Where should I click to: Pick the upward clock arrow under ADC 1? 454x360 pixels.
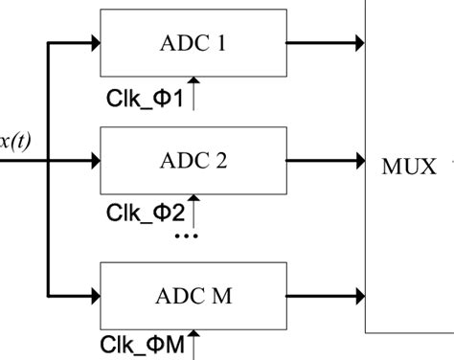[x=194, y=93]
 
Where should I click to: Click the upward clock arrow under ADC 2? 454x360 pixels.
[x=194, y=207]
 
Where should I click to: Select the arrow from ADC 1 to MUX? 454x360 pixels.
[x=325, y=43]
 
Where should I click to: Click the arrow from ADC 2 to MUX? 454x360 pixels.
[x=325, y=160]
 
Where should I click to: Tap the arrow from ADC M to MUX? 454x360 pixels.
[x=325, y=292]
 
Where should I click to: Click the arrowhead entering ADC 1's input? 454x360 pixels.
[x=95, y=43]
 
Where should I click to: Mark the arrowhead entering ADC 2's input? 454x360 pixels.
[x=95, y=160]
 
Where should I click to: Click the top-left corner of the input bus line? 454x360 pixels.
[x=48, y=43]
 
